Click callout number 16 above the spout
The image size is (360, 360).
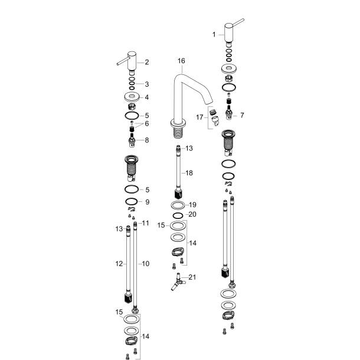(181, 61)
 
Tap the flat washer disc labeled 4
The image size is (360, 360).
(132, 97)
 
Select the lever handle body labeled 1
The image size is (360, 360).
(228, 29)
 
